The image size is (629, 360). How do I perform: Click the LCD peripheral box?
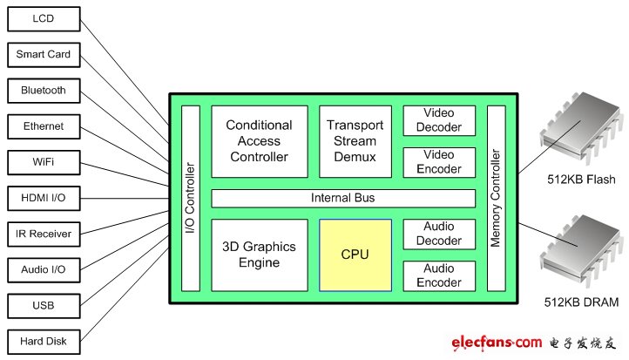pos(43,19)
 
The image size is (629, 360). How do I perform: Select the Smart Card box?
pos(43,55)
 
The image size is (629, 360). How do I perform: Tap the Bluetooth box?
pos(43,91)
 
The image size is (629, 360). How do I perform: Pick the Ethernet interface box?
pos(43,126)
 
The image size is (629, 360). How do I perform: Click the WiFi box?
pos(43,162)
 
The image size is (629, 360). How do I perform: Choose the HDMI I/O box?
pos(43,199)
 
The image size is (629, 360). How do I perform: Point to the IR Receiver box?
pos(43,234)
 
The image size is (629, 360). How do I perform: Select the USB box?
pos(43,305)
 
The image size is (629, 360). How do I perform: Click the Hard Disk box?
pos(43,341)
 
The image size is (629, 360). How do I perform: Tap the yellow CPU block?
pos(355,255)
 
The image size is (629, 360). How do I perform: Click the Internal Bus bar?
pos(343,198)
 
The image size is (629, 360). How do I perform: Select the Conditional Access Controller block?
pos(259,141)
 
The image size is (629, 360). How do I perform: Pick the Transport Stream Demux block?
pos(355,141)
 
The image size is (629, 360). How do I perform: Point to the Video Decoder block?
pos(439,120)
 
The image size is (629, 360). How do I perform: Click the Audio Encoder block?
pos(439,275)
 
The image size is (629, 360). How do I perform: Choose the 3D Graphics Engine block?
pos(259,255)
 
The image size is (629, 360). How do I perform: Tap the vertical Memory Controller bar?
pos(496,198)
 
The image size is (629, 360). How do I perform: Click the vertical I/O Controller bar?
pos(191,198)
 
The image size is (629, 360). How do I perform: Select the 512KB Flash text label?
pos(578,180)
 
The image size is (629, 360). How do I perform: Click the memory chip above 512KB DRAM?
pos(575,251)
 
